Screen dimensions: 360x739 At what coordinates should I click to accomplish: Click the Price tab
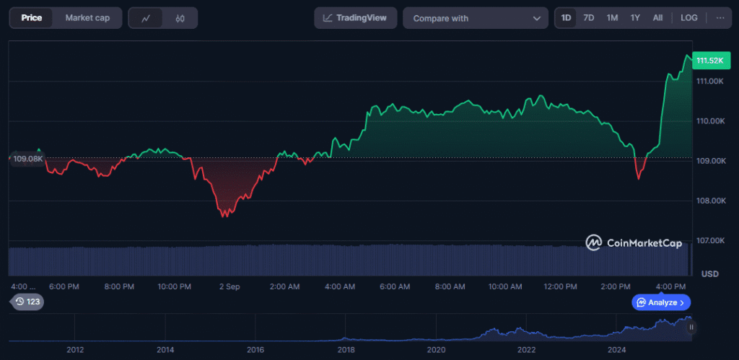31,18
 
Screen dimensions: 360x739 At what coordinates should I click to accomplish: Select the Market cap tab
87,18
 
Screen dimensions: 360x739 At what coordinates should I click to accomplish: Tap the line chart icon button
146,19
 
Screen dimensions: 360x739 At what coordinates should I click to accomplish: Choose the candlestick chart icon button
180,19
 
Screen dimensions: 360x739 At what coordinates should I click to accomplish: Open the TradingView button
355,18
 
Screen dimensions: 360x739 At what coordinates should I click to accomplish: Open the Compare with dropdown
476,18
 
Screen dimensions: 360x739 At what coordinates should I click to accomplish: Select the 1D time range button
566,18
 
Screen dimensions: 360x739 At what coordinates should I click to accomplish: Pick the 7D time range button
588,18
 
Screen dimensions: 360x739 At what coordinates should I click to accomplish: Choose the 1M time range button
612,18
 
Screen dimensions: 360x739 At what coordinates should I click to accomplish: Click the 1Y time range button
635,18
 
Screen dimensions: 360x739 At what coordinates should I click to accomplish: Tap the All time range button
657,18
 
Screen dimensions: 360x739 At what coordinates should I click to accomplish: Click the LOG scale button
689,18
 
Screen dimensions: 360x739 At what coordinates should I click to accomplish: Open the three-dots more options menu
720,18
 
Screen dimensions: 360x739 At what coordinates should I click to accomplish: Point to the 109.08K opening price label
27,158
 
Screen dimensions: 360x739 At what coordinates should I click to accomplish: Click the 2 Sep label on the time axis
229,286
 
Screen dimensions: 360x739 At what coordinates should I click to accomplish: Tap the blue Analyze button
661,302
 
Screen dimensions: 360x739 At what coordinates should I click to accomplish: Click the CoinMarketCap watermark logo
634,243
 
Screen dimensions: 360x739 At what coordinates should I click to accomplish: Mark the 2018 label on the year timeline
346,349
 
